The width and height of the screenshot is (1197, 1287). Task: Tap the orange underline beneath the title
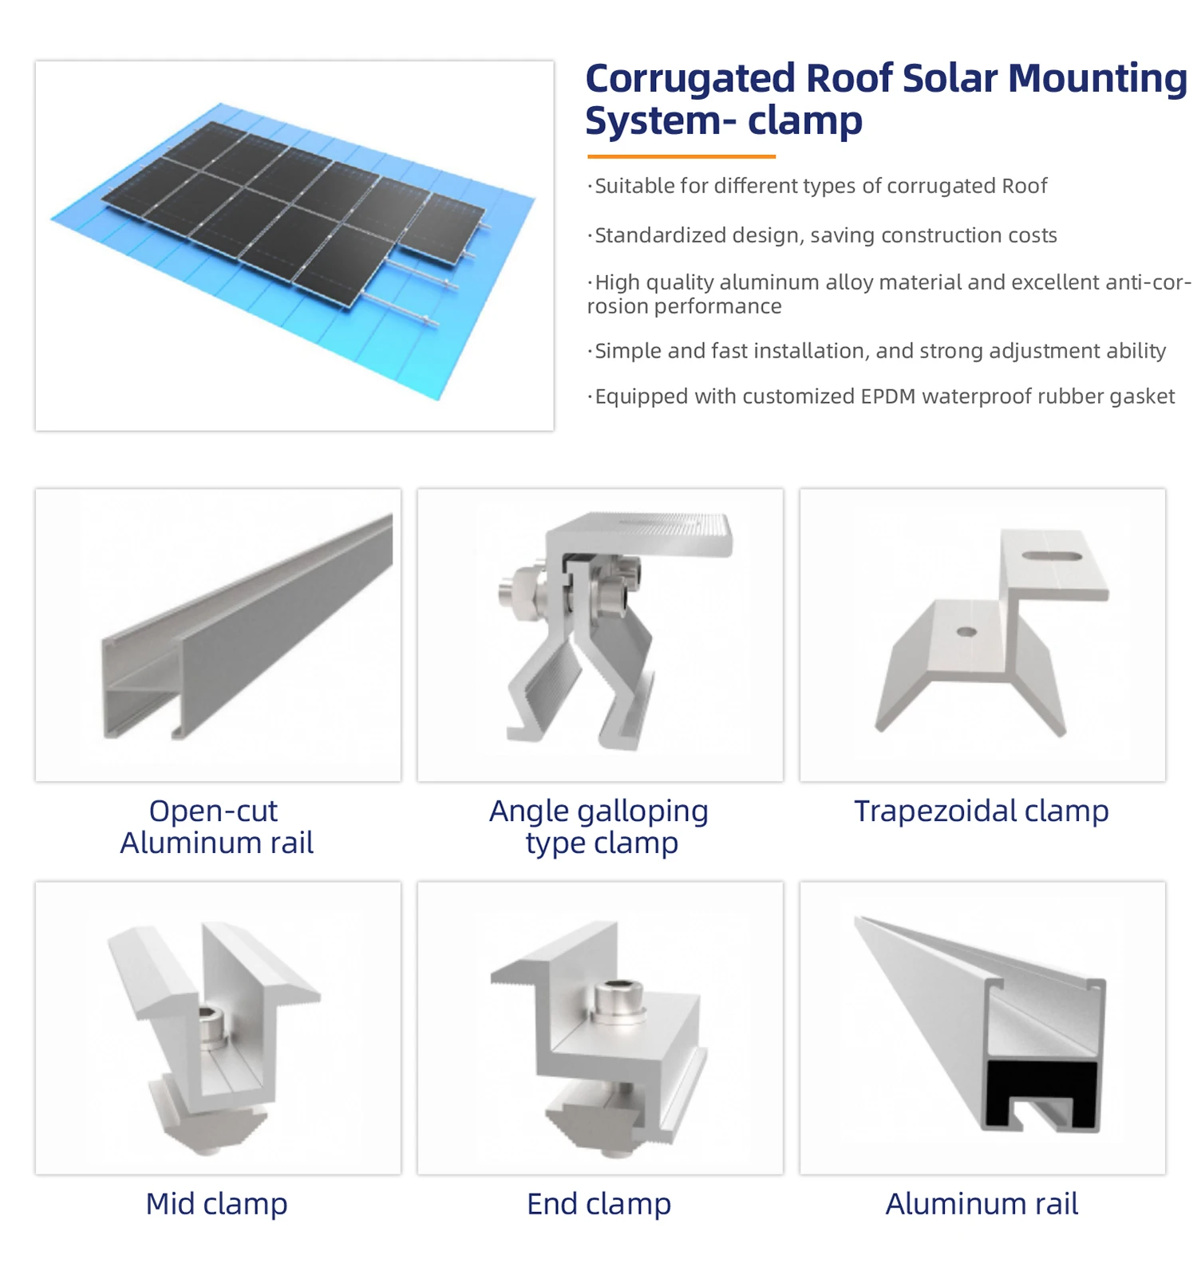coord(681,156)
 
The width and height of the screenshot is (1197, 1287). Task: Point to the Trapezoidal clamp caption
coord(982,811)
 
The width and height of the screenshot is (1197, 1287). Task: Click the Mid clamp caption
coord(216,1203)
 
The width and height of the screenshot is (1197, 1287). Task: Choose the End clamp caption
coord(598,1203)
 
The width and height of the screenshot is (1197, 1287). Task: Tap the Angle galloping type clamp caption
coord(599,827)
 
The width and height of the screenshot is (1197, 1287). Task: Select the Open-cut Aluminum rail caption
coord(216,827)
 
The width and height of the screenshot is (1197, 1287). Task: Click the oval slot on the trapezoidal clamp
coord(1052,556)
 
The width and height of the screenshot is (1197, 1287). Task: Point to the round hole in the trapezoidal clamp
coord(966,632)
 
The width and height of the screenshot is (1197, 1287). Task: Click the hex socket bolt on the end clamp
coord(618,998)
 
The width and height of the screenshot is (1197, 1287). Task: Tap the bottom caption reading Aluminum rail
coord(982,1203)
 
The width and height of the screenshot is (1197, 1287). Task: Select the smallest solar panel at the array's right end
coord(441,227)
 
